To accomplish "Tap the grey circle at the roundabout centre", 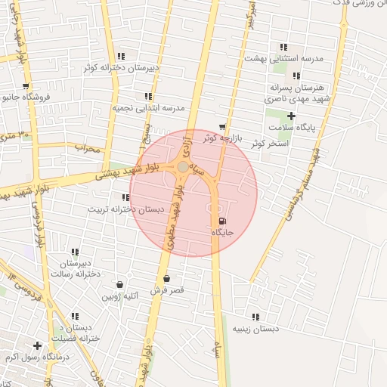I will [x=183, y=166].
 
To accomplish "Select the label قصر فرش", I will [x=166, y=290].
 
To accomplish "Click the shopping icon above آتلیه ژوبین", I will [x=120, y=285].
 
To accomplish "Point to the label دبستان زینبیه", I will [x=255, y=329].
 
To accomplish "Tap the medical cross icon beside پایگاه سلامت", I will [x=292, y=116].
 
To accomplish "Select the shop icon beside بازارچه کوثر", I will [x=221, y=126].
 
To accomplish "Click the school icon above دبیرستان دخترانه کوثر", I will [x=122, y=55].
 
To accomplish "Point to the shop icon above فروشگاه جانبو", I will [x=26, y=86].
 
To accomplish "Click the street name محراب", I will [x=87, y=148].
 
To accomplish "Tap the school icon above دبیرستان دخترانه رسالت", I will [x=75, y=252].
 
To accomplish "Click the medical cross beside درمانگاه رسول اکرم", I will [x=37, y=345].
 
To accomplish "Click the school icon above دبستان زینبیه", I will [x=255, y=317].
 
